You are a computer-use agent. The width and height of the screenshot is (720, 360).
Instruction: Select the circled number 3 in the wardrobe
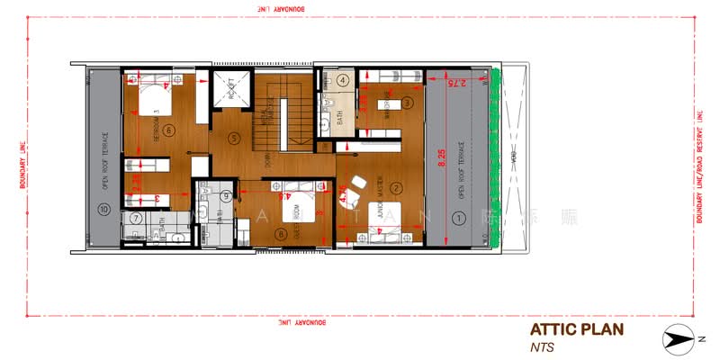(x=407, y=103)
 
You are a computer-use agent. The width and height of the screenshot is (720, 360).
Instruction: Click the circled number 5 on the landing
(x=234, y=139)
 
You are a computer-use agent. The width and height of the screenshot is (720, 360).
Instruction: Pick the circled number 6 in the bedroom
(x=169, y=130)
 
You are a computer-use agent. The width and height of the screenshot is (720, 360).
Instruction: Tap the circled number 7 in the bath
(x=135, y=218)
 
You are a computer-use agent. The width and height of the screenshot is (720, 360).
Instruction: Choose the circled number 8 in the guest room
(x=283, y=235)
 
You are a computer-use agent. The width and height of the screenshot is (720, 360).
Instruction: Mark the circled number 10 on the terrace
(x=103, y=210)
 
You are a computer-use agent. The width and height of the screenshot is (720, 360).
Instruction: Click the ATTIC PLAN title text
(x=577, y=328)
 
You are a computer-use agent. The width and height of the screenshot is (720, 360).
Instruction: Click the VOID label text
(x=513, y=157)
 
